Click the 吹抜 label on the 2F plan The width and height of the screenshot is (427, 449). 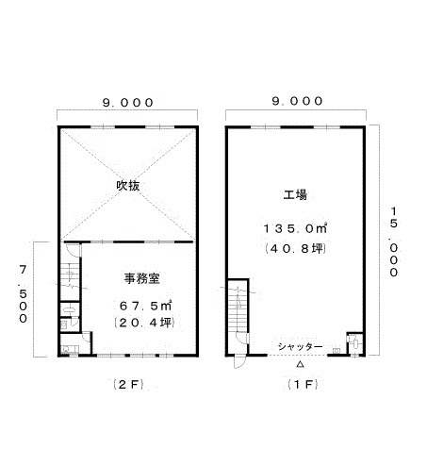tap(128, 186)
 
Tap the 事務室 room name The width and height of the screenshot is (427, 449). tap(141, 278)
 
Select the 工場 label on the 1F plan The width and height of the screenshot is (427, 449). tap(295, 194)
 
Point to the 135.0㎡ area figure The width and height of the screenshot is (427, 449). tap(295, 228)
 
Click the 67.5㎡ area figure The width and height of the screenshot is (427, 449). tap(145, 306)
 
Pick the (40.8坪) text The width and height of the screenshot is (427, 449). tap(295, 249)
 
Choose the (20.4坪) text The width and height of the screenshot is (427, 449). tap(144, 323)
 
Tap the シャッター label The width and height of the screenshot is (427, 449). tap(300, 347)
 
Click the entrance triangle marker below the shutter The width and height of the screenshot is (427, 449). tap(300, 364)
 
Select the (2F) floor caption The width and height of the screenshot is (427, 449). tap(128, 384)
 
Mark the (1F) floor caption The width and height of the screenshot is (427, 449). tap(303, 384)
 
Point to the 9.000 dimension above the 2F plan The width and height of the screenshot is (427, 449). tap(128, 103)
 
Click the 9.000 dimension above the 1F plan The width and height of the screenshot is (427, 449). tap(297, 101)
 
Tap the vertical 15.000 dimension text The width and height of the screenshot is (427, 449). tap(394, 241)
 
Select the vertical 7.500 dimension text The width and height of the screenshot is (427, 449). tap(23, 294)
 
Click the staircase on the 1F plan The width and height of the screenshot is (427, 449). tap(238, 310)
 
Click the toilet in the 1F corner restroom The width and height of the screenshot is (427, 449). tap(356, 343)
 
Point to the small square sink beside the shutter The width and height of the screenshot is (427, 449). tap(337, 350)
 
